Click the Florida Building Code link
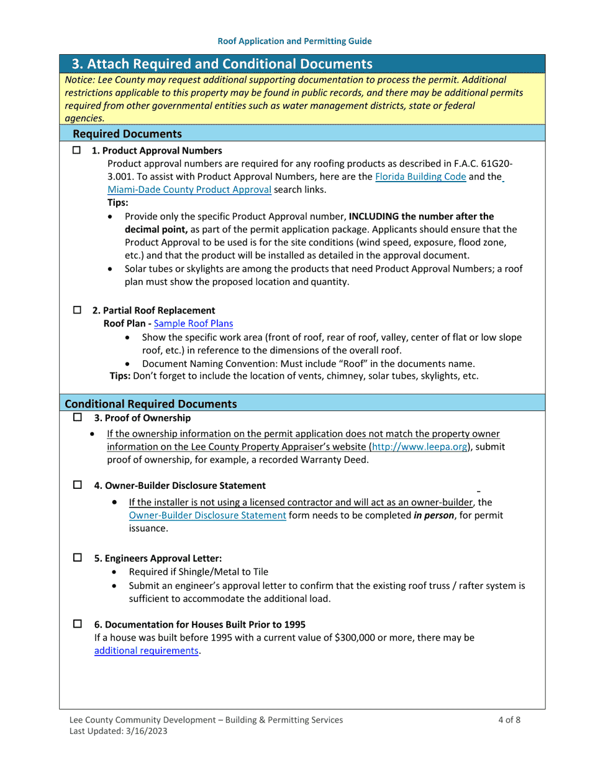[420, 177]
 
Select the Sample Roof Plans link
[193, 323]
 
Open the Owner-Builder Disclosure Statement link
[207, 515]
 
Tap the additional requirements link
[147, 651]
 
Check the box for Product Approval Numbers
[77, 151]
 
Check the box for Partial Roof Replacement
[77, 310]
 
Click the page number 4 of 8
[509, 720]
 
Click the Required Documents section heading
[127, 134]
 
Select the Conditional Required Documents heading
[151, 404]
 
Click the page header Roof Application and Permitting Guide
[294, 41]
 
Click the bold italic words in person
[433, 515]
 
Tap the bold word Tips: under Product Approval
[118, 203]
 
